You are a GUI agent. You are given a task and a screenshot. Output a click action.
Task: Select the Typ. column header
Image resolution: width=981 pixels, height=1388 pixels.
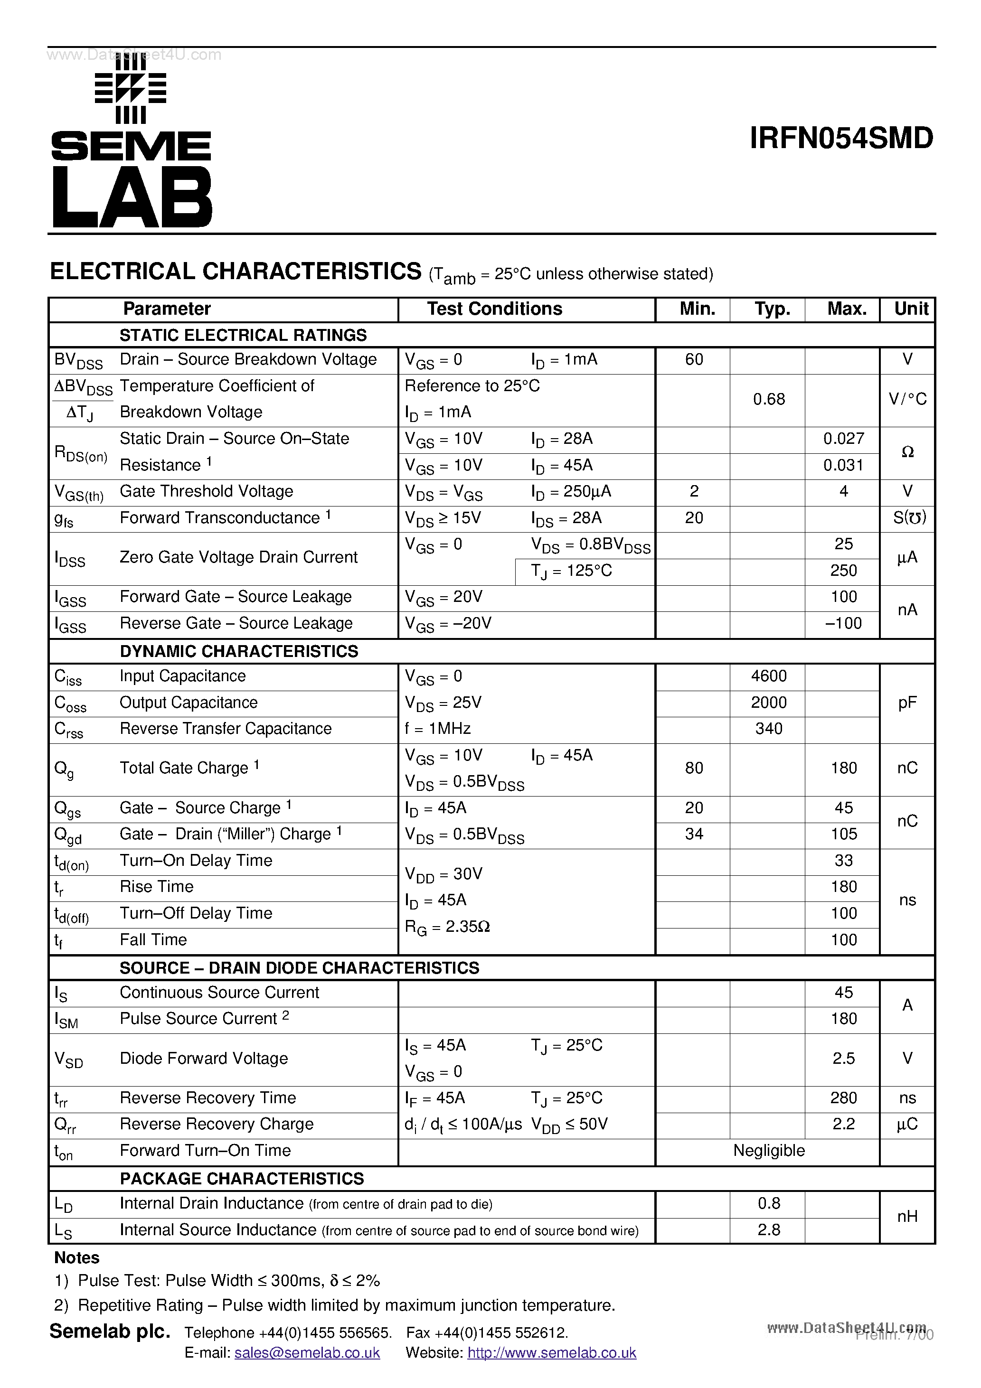click(x=772, y=309)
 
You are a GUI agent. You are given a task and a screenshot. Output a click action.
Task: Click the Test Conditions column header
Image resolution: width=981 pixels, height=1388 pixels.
click(x=494, y=309)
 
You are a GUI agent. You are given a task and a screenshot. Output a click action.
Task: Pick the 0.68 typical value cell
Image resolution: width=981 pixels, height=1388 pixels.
click(x=769, y=400)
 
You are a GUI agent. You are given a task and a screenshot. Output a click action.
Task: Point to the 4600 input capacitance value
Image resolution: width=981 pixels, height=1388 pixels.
click(x=769, y=676)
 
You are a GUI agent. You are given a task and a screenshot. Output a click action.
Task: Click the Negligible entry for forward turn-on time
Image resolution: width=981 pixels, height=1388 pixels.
click(x=769, y=1151)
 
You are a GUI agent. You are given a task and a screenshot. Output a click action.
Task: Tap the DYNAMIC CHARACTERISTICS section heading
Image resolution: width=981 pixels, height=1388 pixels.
click(x=239, y=651)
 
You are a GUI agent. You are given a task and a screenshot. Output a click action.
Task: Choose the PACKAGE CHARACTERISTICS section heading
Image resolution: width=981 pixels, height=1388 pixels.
click(x=242, y=1178)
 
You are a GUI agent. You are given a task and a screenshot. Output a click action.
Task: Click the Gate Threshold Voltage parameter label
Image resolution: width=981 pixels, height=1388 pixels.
click(x=206, y=491)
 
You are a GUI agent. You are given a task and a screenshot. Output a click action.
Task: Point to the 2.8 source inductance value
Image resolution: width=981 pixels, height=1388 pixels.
click(x=769, y=1229)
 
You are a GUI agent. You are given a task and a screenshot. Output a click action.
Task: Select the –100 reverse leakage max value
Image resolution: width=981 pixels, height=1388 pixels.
click(x=843, y=623)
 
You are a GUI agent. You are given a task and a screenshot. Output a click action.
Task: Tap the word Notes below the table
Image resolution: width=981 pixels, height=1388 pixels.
click(x=77, y=1258)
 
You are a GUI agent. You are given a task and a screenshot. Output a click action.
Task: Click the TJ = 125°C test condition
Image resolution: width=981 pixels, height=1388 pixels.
click(x=572, y=571)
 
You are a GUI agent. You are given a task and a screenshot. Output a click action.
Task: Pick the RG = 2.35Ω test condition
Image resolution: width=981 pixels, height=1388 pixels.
click(x=447, y=927)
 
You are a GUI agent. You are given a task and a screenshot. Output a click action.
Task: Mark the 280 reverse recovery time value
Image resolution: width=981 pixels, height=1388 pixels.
click(x=843, y=1098)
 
